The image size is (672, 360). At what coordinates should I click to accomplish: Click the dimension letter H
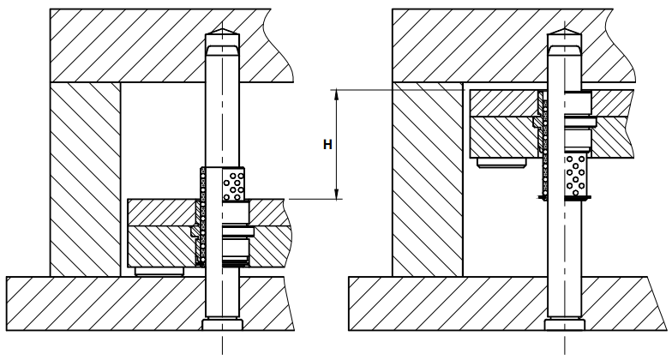pyautogui.click(x=327, y=145)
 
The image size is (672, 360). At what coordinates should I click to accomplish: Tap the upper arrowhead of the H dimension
pyautogui.click(x=337, y=94)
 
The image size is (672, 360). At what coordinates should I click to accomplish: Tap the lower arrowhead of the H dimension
pyautogui.click(x=337, y=194)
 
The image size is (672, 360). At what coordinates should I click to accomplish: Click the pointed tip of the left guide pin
pyautogui.click(x=223, y=29)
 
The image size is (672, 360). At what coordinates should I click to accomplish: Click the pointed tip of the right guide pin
pyautogui.click(x=565, y=29)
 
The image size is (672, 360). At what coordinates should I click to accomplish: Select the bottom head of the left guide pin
pyautogui.click(x=223, y=324)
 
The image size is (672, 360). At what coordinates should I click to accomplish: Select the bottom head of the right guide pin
pyautogui.click(x=565, y=324)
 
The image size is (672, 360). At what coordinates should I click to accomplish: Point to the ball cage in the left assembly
pyautogui.click(x=233, y=183)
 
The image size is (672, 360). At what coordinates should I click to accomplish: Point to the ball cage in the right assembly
pyautogui.click(x=576, y=175)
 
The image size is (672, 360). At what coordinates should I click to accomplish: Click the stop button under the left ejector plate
pyautogui.click(x=159, y=271)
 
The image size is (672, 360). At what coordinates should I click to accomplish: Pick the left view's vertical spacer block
pyautogui.click(x=86, y=179)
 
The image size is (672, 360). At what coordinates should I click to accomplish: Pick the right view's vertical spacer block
pyautogui.click(x=428, y=179)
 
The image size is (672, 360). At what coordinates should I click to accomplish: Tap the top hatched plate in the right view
pyautogui.click(x=513, y=45)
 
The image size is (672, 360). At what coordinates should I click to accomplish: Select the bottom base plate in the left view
pyautogui.click(x=150, y=303)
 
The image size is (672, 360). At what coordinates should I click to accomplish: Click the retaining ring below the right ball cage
pyautogui.click(x=565, y=197)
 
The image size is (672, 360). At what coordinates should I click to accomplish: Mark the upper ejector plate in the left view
pyautogui.click(x=206, y=212)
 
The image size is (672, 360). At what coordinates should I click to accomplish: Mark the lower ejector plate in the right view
pyautogui.click(x=552, y=137)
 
